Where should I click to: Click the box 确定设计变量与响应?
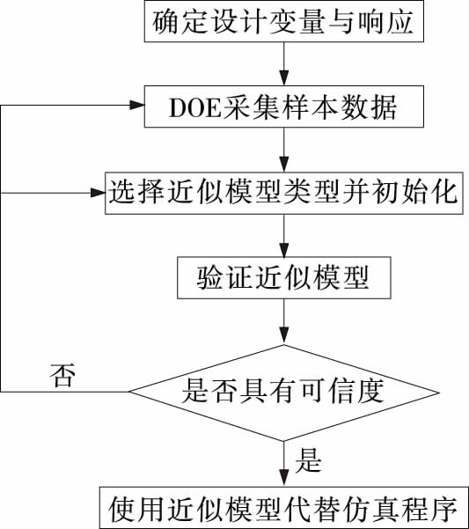(x=284, y=21)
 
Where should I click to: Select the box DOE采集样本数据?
(x=284, y=107)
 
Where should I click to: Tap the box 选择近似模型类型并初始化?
(x=284, y=194)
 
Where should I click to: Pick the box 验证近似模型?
(x=284, y=277)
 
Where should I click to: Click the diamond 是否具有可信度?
(x=284, y=393)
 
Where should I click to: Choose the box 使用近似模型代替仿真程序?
(x=284, y=508)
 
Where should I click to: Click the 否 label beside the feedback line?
(x=62, y=376)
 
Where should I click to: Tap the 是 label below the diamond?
(x=309, y=459)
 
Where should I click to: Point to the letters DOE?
(x=194, y=107)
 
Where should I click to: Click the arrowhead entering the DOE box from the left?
(x=137, y=105)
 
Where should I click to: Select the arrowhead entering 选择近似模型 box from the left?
(x=98, y=193)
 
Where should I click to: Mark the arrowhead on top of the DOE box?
(x=284, y=78)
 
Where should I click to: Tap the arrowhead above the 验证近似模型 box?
(x=284, y=250)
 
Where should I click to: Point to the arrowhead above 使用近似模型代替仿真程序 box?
(x=284, y=479)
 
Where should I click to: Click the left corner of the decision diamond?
(x=129, y=392)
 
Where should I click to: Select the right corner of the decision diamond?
(x=439, y=393)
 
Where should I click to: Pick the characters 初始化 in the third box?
(x=414, y=194)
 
